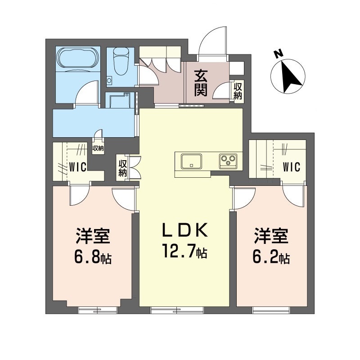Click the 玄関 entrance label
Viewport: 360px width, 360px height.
201,84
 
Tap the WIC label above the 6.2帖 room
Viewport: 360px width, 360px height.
291,167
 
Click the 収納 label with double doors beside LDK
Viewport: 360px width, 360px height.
122,168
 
